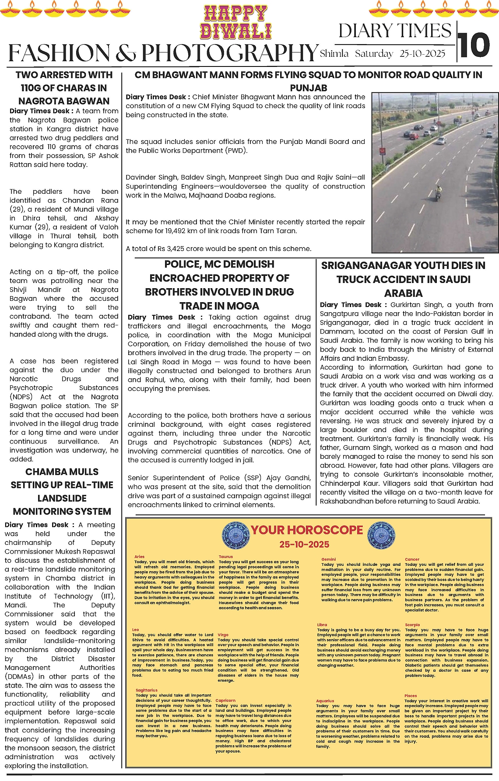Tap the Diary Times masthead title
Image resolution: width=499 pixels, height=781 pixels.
[x=394, y=31]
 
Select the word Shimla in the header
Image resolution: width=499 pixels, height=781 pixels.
[x=334, y=54]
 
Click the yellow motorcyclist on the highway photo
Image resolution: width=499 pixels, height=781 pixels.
[x=438, y=192]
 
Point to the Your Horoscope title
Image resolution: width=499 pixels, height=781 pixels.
[x=306, y=530]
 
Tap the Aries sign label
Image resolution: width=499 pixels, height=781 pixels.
[x=139, y=557]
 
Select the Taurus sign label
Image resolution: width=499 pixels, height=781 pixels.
[x=226, y=557]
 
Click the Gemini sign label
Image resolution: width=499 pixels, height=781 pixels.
[x=328, y=559]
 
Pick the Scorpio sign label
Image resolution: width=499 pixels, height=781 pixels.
[x=412, y=625]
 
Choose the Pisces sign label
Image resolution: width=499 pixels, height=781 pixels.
[x=411, y=696]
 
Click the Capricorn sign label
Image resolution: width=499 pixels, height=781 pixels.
[x=225, y=700]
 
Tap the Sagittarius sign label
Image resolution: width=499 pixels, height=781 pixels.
[x=146, y=690]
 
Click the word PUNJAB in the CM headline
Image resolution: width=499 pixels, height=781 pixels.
[x=309, y=88]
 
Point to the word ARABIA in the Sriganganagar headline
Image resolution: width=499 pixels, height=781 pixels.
[x=403, y=293]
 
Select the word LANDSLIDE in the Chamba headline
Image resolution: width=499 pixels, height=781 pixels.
[x=62, y=498]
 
